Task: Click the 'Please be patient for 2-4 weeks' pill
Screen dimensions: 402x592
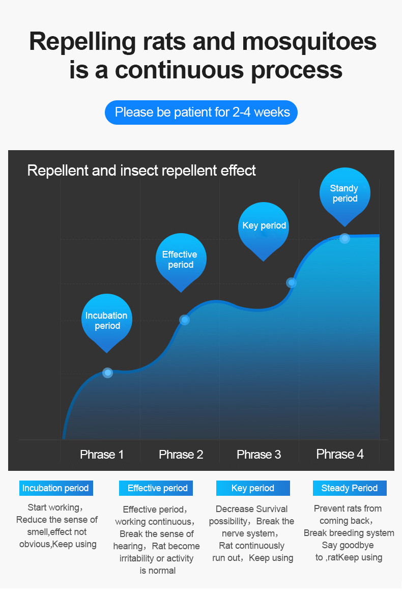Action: pos(201,112)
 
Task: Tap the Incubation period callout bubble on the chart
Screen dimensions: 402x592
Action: pos(107,321)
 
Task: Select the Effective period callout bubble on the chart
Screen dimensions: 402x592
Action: pos(181,260)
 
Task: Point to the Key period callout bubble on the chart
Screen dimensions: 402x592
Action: pos(264,229)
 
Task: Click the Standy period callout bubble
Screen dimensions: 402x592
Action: pos(345,194)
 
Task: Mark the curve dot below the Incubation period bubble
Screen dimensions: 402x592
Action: pos(107,373)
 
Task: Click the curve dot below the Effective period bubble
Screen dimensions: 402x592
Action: pos(185,320)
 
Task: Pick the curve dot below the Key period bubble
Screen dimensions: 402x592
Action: pos(292,283)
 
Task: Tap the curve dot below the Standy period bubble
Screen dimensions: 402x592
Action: pos(344,238)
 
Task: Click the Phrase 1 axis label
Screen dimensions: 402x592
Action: pos(102,455)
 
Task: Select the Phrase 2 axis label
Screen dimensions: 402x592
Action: pos(181,455)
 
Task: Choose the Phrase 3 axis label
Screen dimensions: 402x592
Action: pos(259,455)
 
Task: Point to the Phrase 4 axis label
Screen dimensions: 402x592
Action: pos(340,454)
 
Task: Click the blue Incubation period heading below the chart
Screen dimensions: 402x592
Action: pos(56,488)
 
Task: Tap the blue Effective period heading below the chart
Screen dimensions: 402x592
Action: pos(156,488)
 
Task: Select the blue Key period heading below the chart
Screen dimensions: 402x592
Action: pos(253,488)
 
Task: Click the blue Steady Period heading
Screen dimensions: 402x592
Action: pos(350,488)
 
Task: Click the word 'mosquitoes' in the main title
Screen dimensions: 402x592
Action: pos(309,42)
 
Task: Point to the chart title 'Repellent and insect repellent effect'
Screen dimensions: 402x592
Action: pos(141,171)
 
